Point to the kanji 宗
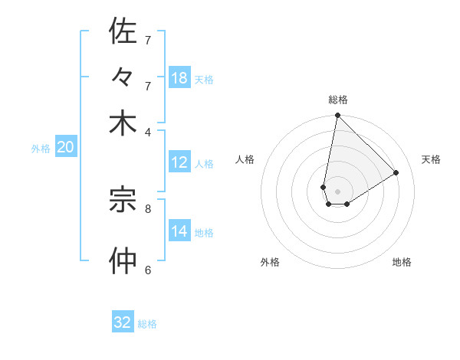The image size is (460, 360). coord(123,200)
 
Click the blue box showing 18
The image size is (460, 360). coord(179,77)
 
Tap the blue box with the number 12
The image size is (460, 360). coord(179,162)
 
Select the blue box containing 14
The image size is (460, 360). coord(179,232)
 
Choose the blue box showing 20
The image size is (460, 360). coord(65,148)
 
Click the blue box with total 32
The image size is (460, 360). coord(123,322)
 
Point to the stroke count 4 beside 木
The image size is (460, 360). coord(149,131)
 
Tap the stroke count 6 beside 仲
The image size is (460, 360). coord(148,270)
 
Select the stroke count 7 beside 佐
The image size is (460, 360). coord(148,40)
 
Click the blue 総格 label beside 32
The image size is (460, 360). coord(147,324)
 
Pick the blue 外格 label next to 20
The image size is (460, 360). coord(40,149)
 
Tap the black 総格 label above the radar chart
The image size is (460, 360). coord(337,100)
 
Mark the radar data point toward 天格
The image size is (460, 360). coord(396,173)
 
